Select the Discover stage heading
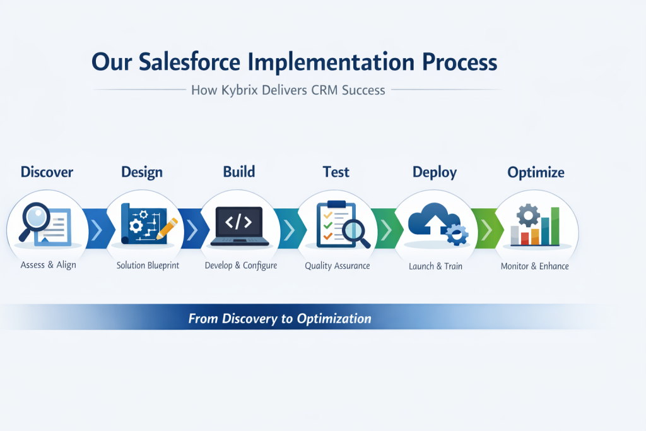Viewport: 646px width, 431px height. pyautogui.click(x=47, y=172)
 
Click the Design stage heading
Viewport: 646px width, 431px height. pyautogui.click(x=142, y=172)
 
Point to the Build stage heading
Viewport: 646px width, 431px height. pyautogui.click(x=239, y=172)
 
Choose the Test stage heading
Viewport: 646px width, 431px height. pyautogui.click(x=336, y=172)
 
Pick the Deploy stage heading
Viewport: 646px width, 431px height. pyautogui.click(x=434, y=172)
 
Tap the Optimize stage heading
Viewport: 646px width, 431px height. pyautogui.click(x=536, y=172)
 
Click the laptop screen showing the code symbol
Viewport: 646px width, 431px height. pyautogui.click(x=239, y=222)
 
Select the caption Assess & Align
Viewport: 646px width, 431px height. pyautogui.click(x=48, y=265)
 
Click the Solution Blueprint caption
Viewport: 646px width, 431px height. pyautogui.click(x=148, y=266)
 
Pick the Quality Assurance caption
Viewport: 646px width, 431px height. pyautogui.click(x=338, y=266)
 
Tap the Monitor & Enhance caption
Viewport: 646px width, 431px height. pyautogui.click(x=534, y=266)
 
